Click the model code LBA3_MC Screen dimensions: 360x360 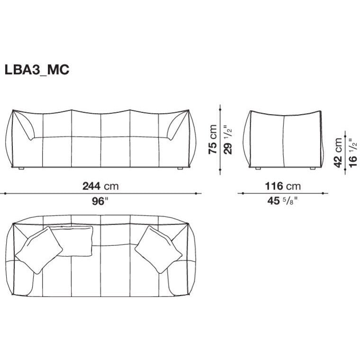[36, 69]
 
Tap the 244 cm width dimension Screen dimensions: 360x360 [100, 186]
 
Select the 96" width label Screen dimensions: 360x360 [100, 201]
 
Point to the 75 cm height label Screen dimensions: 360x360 [213, 139]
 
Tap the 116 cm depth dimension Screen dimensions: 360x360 [283, 186]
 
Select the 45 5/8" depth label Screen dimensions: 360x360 [282, 201]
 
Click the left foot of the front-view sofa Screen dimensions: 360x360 [22, 168]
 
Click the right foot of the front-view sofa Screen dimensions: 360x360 [180, 168]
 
